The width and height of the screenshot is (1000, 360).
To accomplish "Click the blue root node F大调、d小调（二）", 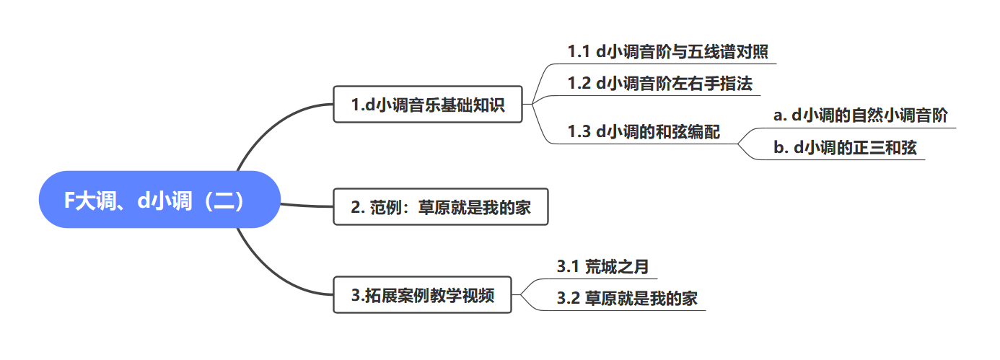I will pyautogui.click(x=159, y=200).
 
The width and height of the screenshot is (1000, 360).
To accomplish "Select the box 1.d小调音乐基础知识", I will pyautogui.click(x=427, y=105).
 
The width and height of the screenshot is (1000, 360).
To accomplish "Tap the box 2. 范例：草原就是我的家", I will pyautogui.click(x=440, y=207).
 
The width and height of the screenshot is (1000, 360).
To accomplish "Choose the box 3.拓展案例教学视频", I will pyautogui.click(x=422, y=294).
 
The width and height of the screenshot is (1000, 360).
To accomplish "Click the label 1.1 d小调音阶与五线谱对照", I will pyautogui.click(x=667, y=52).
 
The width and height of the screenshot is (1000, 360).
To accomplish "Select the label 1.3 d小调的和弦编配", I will pyautogui.click(x=644, y=133).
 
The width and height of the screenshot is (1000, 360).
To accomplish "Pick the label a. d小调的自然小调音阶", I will pyautogui.click(x=860, y=115).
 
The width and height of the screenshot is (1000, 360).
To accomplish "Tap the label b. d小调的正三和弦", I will pyautogui.click(x=845, y=148).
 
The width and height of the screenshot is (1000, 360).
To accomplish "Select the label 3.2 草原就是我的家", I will pyautogui.click(x=627, y=299).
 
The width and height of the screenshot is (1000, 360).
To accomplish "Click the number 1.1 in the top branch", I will pyautogui.click(x=579, y=52).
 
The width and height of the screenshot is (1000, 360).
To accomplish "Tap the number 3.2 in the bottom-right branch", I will pyautogui.click(x=568, y=299).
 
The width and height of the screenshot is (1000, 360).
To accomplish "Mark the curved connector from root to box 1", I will pyautogui.click(x=267, y=130).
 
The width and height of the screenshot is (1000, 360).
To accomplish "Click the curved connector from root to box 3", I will pyautogui.click(x=267, y=271).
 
